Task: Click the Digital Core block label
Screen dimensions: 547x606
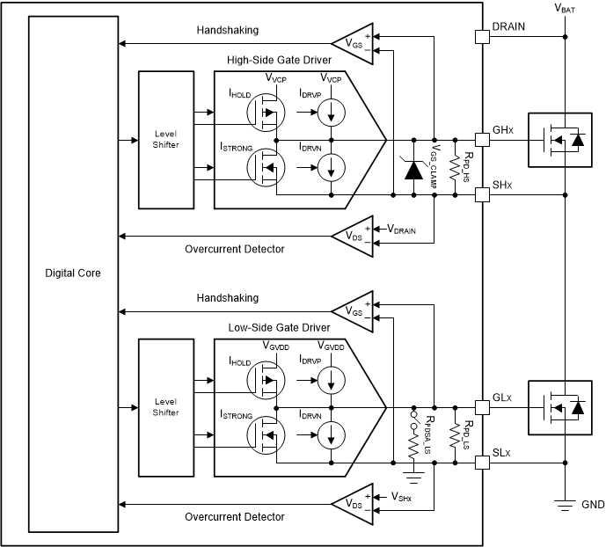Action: tap(73, 273)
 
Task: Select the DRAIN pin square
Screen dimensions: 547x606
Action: tap(481, 37)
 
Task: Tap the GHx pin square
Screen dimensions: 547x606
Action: tap(481, 139)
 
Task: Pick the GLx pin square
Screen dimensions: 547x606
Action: tap(481, 407)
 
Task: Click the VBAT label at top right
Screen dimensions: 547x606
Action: tap(566, 8)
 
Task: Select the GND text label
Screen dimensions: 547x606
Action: tap(593, 505)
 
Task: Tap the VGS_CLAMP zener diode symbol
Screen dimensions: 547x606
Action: tap(413, 166)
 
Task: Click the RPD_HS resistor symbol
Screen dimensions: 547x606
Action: tap(455, 166)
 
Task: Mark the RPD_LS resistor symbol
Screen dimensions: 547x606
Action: tap(455, 434)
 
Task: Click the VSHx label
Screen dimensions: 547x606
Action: tap(404, 497)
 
